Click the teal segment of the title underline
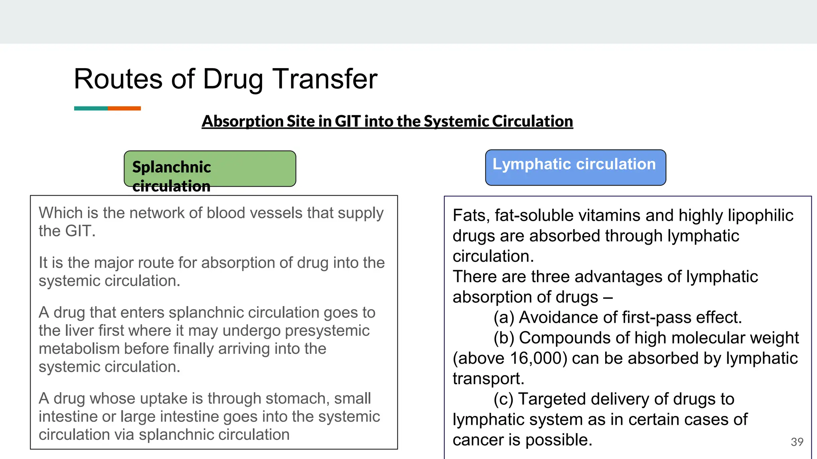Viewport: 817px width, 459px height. coord(91,108)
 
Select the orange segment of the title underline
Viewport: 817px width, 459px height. coord(124,108)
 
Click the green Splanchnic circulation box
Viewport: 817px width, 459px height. coord(210,169)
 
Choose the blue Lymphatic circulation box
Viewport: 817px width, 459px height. coord(575,168)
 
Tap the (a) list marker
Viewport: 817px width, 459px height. coord(504,318)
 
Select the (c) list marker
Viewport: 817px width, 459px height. coord(503,399)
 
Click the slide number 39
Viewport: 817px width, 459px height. coord(797,442)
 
